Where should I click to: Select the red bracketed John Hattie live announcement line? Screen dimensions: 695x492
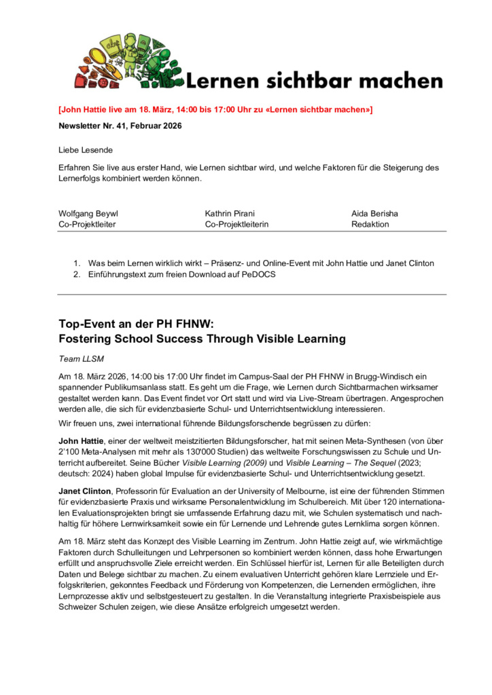tap(215, 109)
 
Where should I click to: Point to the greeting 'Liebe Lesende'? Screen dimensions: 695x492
tap(86, 149)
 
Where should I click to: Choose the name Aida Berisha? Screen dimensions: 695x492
tap(374, 213)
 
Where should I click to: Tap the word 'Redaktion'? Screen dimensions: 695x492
tap(370, 224)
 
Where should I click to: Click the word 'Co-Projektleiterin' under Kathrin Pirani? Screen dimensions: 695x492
tap(237, 224)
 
